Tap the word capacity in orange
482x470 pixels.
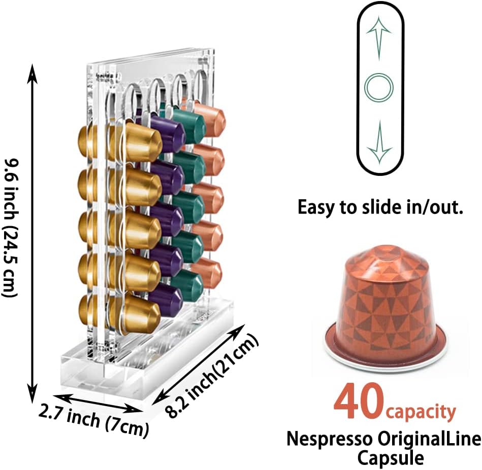(421, 412)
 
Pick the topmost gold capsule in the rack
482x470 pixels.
(137, 141)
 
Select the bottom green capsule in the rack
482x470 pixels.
(189, 285)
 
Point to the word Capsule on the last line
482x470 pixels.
(390, 458)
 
